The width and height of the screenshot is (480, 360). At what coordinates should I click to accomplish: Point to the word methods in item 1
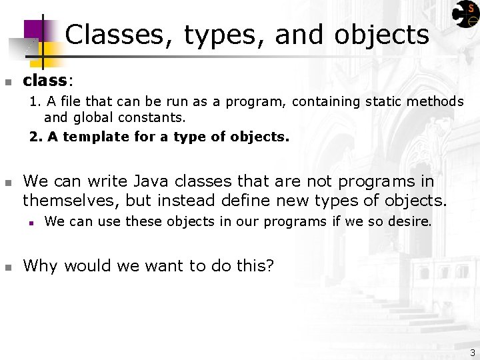pyautogui.click(x=437, y=101)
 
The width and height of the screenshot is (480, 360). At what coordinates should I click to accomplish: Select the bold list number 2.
pyautogui.click(x=35, y=137)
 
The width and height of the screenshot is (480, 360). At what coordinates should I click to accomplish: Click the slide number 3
pyautogui.click(x=472, y=352)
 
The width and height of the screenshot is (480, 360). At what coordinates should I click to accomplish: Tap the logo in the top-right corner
pyautogui.click(x=465, y=15)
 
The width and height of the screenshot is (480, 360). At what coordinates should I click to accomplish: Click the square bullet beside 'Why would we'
pyautogui.click(x=8, y=267)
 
